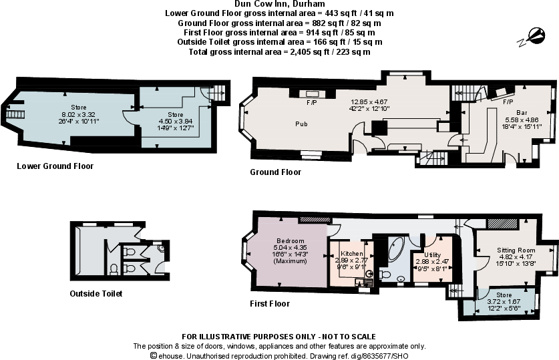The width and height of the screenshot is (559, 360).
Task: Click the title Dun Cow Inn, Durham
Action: (x=278, y=4)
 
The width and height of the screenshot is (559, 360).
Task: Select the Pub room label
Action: (x=301, y=124)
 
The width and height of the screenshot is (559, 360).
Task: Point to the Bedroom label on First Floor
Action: (x=291, y=240)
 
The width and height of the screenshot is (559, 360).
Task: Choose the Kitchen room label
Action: (x=351, y=254)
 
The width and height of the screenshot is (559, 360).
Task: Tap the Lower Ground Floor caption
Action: (x=55, y=166)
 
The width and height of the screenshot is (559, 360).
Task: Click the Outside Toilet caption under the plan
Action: (x=96, y=294)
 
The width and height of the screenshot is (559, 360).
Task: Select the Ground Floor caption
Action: (x=275, y=172)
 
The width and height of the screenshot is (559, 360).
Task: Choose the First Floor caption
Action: (x=270, y=304)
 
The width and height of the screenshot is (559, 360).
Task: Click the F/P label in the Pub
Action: (x=311, y=104)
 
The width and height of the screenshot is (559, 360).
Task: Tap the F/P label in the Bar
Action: (x=508, y=102)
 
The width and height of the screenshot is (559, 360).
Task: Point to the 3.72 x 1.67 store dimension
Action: (x=504, y=301)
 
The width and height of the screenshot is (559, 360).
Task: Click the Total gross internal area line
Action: (x=278, y=52)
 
